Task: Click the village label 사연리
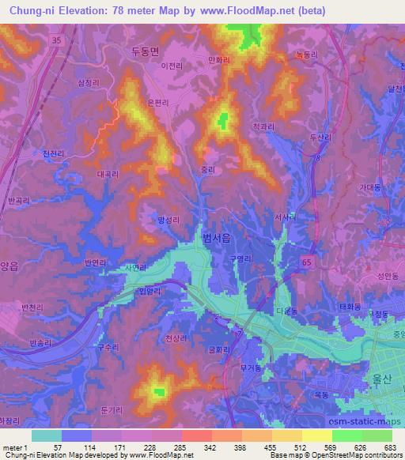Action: pyautogui.click(x=136, y=268)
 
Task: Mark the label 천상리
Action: pyautogui.click(x=176, y=339)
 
